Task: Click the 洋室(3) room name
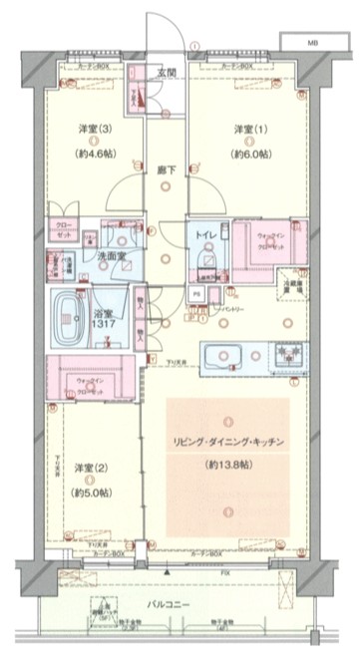click(x=93, y=130)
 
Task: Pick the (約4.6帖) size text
click(x=93, y=154)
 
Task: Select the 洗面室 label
click(x=110, y=257)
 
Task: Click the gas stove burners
click(x=289, y=354)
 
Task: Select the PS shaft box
click(x=196, y=295)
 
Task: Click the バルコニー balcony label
click(x=179, y=605)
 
